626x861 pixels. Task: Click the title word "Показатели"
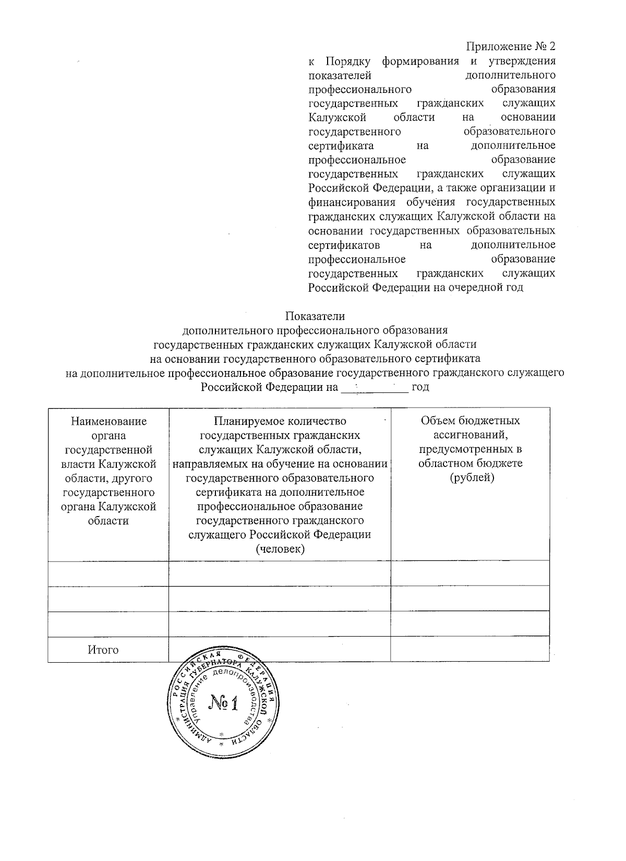315,316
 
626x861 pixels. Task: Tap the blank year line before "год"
374,387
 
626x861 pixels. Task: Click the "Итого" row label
103,650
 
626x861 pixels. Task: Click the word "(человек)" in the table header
280,549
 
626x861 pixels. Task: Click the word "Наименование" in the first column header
109,421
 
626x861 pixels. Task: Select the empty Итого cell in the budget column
470,649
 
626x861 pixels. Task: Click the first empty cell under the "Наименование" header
108,573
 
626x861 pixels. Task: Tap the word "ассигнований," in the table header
471,435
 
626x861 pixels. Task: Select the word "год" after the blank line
420,387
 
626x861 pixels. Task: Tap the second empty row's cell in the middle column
280,598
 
